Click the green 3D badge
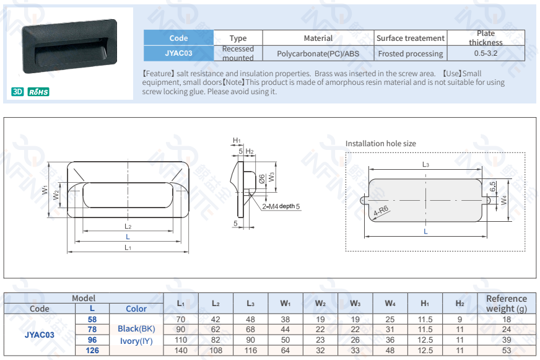click(17, 92)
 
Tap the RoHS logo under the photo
click(38, 92)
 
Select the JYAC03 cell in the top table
click(178, 53)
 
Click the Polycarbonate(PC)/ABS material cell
click(318, 54)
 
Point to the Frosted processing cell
click(411, 54)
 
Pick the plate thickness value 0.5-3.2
click(486, 53)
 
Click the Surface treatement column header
click(411, 38)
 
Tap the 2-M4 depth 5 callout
click(281, 206)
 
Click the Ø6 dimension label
click(262, 179)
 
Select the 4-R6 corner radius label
click(381, 211)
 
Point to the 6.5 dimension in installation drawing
click(493, 187)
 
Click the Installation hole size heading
click(381, 144)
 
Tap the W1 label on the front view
click(45, 190)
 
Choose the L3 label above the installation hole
click(425, 165)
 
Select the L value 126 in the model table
click(92, 351)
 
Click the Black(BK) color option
click(136, 328)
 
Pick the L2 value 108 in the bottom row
click(216, 351)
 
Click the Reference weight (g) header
click(507, 304)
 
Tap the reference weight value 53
click(507, 351)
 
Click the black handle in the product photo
click(69, 46)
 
